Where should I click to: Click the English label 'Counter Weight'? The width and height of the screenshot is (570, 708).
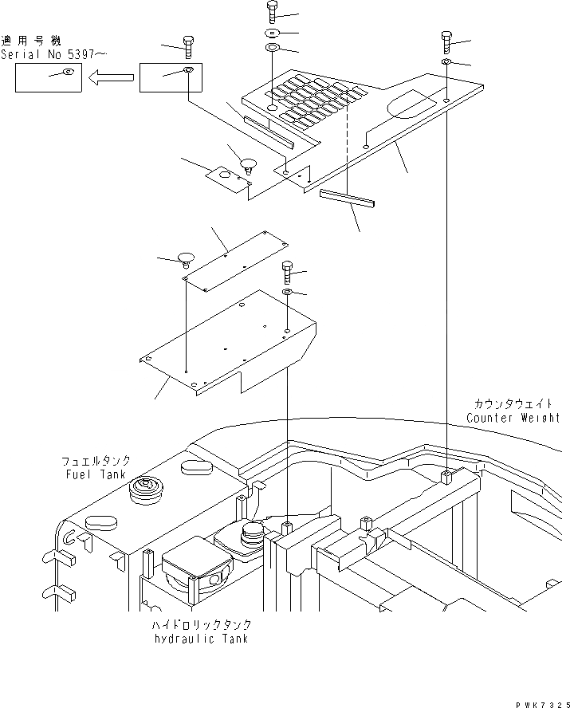pos(513,418)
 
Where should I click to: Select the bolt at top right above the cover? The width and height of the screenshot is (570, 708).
pos(446,40)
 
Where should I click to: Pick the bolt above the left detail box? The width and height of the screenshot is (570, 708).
pos(188,45)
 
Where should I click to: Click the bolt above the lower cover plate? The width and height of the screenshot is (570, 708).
pos(287,271)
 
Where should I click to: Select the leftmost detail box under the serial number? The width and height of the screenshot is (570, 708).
pos(49,78)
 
